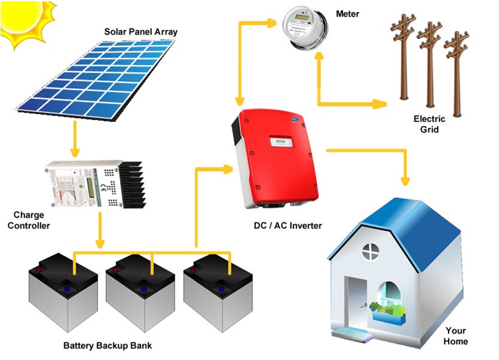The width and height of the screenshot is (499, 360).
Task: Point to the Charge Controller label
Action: click(32, 220)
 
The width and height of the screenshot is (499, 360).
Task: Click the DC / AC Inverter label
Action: click(288, 225)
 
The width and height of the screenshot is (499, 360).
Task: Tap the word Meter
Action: click(348, 13)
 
